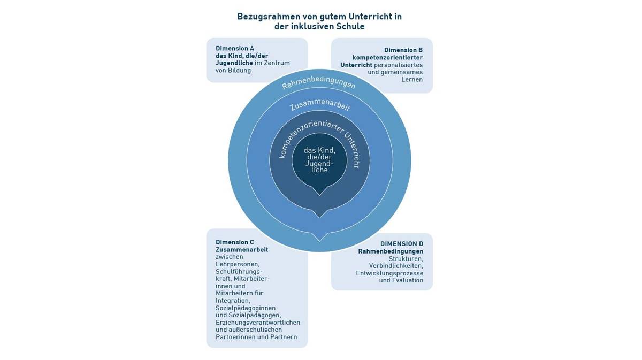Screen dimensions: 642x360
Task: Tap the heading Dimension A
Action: [x=235, y=48]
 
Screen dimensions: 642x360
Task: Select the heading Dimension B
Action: [x=403, y=50]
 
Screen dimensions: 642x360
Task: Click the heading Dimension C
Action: [x=235, y=242]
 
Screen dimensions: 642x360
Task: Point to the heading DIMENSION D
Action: [x=402, y=244]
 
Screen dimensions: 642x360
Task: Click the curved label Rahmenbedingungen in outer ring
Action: [x=319, y=82]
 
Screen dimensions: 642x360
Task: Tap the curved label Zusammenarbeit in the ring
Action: [x=320, y=104]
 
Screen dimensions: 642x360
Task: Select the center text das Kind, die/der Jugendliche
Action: [x=319, y=160]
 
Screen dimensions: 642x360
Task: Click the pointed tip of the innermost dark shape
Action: [x=319, y=195]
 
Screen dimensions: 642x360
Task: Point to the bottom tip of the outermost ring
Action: [x=319, y=251]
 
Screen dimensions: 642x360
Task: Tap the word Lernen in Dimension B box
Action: [x=412, y=79]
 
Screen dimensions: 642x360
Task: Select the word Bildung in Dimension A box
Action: [x=239, y=70]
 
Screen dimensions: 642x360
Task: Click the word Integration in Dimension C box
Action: [x=233, y=301]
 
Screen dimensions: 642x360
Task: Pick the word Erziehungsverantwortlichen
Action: [x=258, y=323]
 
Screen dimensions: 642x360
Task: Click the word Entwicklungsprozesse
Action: [x=389, y=273]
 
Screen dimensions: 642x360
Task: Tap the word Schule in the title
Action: [x=350, y=27]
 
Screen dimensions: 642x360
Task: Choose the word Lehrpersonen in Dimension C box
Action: [x=238, y=264]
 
